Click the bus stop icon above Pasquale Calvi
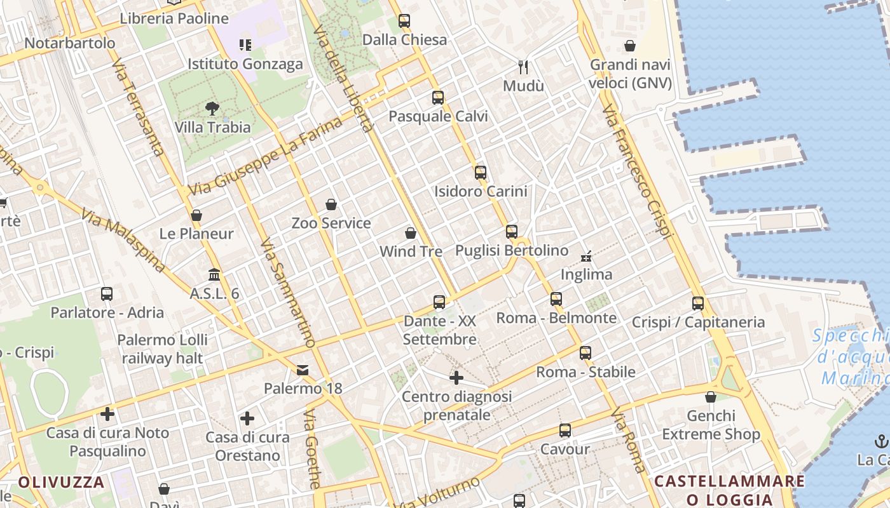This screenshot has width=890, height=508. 438,98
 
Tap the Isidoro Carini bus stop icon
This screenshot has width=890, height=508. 481,172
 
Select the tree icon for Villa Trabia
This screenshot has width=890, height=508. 212,109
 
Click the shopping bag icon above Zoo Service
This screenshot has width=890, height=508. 331,204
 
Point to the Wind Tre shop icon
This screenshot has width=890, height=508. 411,233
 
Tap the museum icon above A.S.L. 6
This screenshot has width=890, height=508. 214,275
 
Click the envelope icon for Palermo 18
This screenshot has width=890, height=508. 303,370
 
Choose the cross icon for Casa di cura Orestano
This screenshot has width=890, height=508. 247,418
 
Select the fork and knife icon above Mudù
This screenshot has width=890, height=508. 524,67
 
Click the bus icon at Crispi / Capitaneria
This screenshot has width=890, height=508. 698,304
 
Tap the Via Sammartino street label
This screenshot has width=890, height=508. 288,293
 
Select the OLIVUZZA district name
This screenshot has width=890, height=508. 61,482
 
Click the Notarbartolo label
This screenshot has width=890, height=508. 70,43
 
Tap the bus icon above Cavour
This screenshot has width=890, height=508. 565,431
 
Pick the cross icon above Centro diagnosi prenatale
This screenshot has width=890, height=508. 456,378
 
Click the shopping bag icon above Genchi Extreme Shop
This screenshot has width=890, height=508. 711,398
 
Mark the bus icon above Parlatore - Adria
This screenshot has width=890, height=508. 107,294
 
